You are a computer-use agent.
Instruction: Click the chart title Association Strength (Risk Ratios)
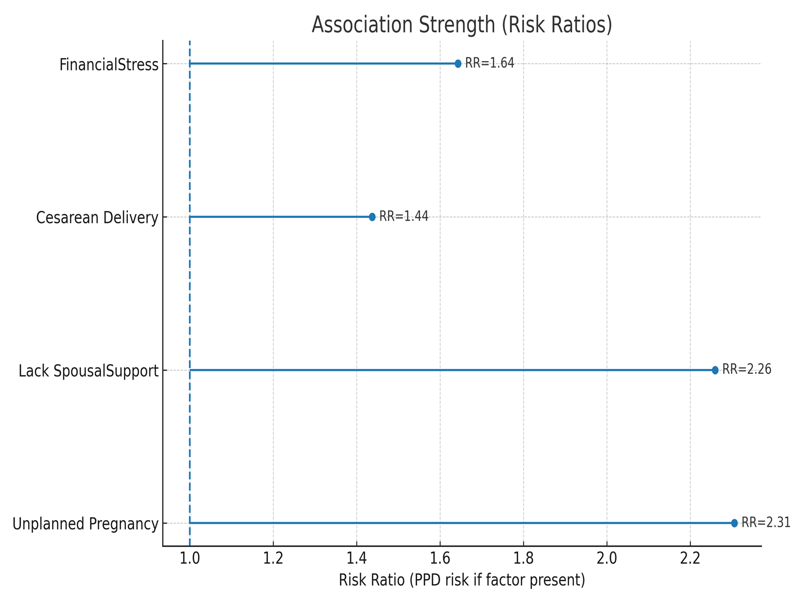pos(462,24)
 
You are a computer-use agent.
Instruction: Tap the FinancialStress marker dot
pos(458,64)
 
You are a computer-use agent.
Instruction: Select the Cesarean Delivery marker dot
pos(372,217)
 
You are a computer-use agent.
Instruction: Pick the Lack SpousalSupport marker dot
pos(715,370)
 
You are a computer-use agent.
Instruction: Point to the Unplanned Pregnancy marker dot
pos(734,523)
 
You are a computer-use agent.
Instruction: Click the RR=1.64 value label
pos(489,63)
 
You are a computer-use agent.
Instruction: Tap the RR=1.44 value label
pos(404,216)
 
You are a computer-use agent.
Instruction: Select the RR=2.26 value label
pos(747,369)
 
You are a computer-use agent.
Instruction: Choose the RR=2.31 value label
pos(766,522)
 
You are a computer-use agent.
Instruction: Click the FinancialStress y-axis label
pos(109,65)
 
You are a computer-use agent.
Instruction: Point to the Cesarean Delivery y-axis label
pos(97,218)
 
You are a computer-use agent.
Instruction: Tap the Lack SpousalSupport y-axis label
pos(88,371)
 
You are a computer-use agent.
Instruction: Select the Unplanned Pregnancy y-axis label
pos(86,524)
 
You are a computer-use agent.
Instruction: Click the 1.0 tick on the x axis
pos(190,558)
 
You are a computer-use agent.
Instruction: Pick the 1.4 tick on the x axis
pos(357,558)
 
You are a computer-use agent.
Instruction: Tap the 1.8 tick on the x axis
pos(523,558)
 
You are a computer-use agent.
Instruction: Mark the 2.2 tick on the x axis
pos(690,558)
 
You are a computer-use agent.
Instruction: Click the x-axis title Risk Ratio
pos(462,580)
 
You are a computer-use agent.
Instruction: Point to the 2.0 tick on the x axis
pos(607,558)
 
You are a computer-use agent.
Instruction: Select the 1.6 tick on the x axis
pos(440,558)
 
